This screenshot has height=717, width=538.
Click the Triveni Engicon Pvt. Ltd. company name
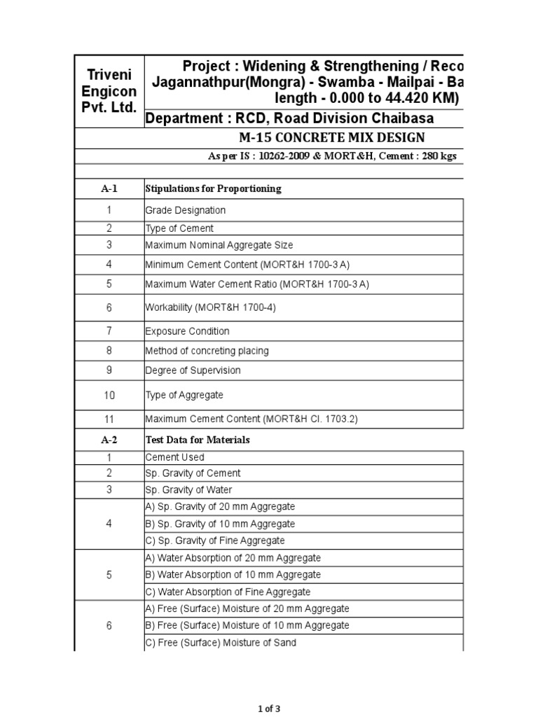pos(109,90)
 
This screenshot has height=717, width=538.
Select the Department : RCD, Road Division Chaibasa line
pos(289,118)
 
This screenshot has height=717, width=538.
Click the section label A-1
pos(109,188)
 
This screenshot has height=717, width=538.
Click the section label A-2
pos(109,440)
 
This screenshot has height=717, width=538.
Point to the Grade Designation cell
pos(186,210)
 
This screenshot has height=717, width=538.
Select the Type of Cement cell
pos(179,228)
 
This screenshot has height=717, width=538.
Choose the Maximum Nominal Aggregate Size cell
pos(219,245)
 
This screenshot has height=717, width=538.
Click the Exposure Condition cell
pos(187,331)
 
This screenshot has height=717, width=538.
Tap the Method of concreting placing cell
pos(207,351)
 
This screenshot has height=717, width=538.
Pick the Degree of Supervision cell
pos(193,370)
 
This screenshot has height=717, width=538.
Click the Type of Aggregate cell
pos(184,395)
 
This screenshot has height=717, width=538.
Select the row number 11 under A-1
pos(109,419)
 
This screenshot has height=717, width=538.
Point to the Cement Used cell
pos(175,457)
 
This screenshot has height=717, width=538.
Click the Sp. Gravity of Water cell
pos(188,490)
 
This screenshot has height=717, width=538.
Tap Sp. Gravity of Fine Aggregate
pos(215,541)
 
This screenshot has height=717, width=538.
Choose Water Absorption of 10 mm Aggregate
pos(233,575)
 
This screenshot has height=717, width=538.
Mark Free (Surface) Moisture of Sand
pos(221,643)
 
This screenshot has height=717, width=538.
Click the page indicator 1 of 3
pos(268,709)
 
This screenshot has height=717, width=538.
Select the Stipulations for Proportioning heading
pos(213,188)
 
